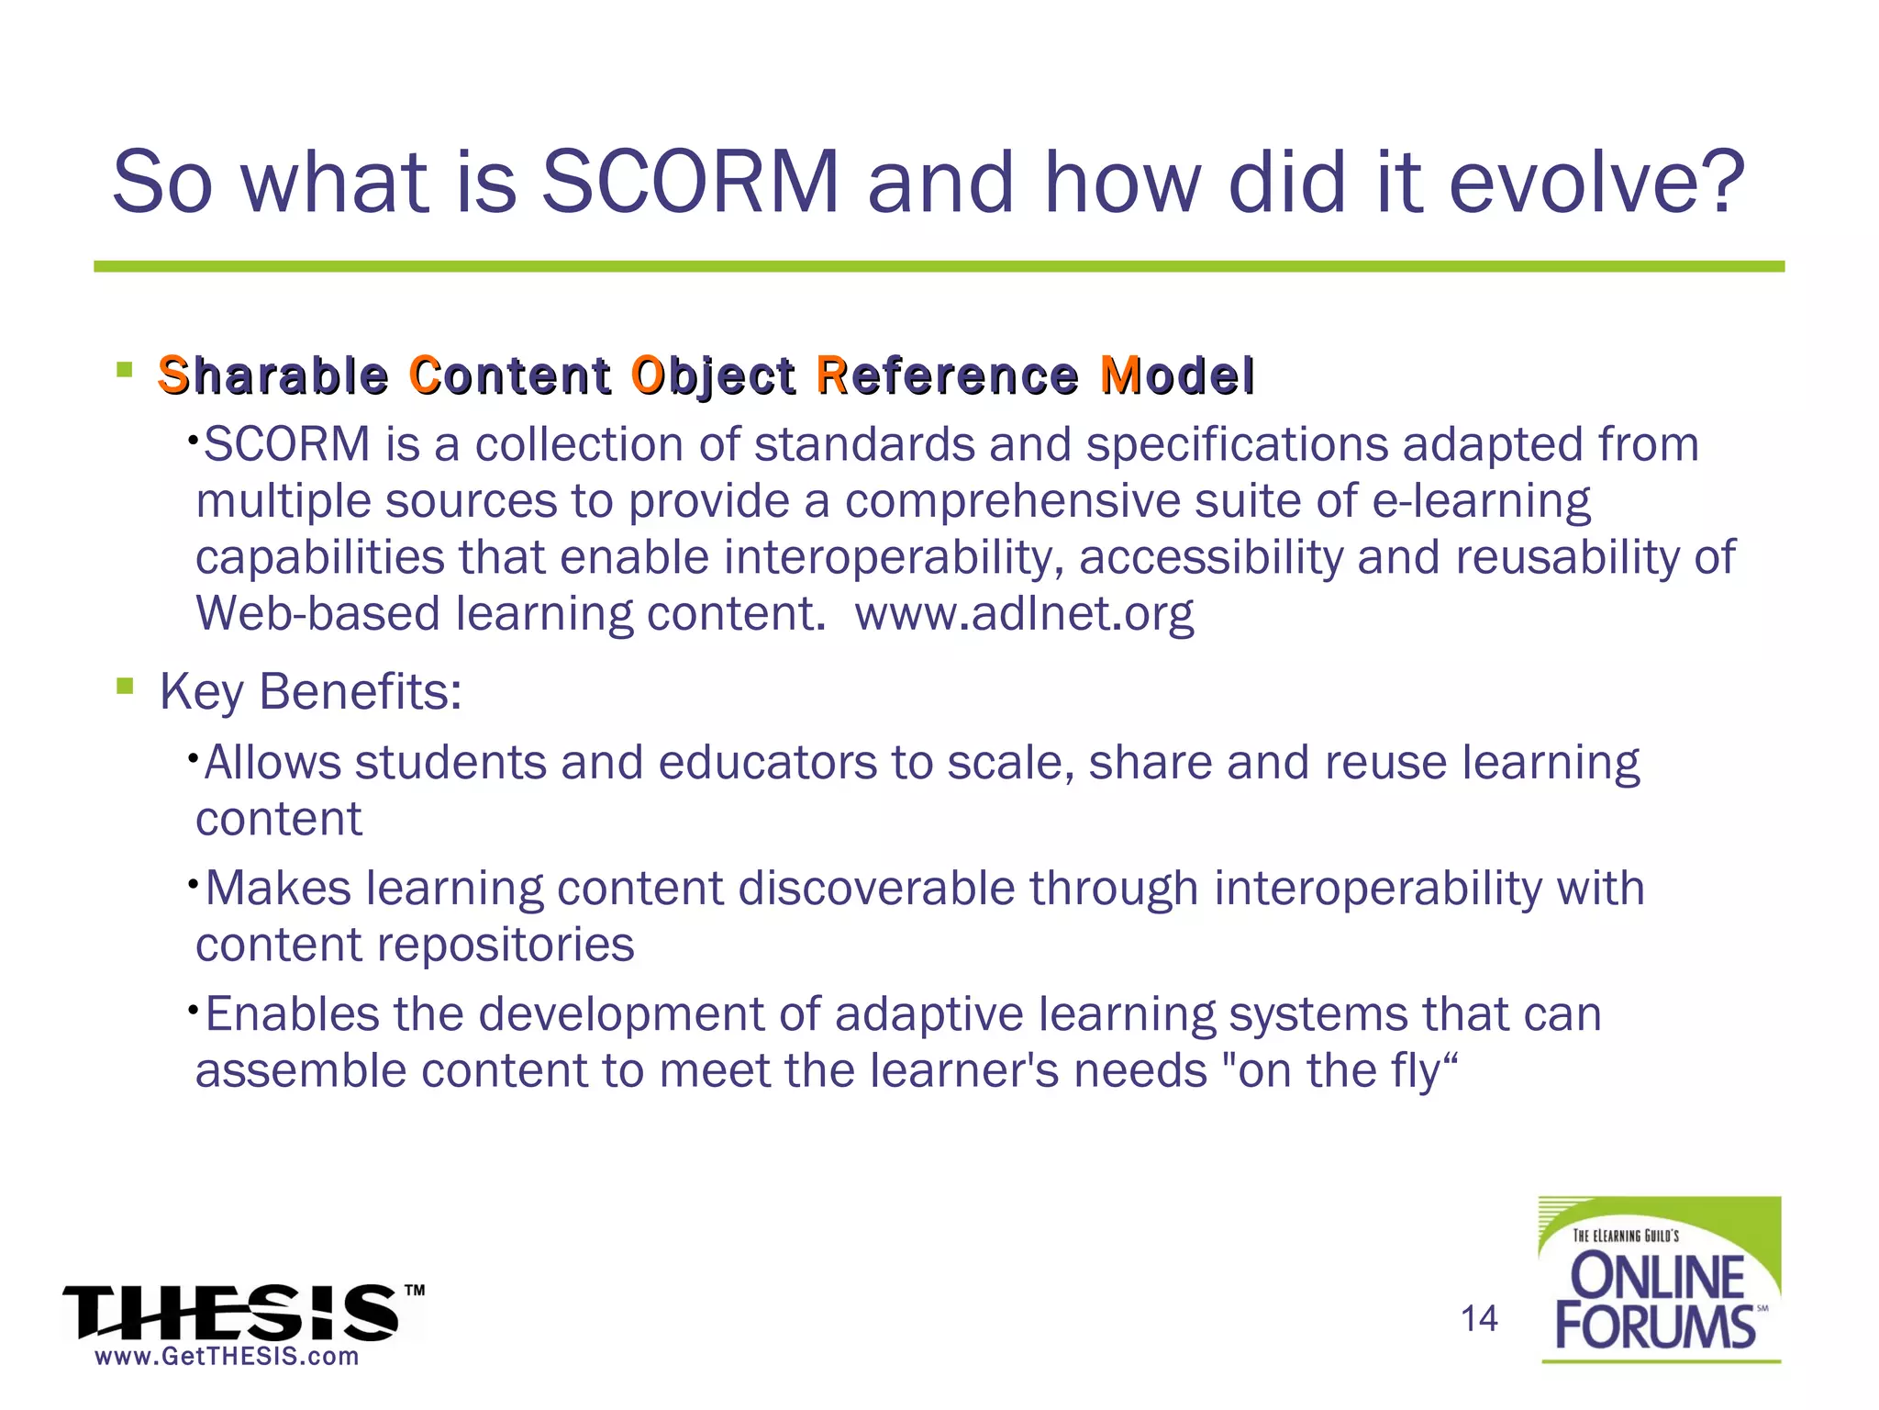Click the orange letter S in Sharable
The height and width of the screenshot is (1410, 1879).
tap(172, 375)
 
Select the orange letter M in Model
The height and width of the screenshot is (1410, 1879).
tap(1119, 375)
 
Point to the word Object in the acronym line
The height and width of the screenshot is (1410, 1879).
tap(714, 377)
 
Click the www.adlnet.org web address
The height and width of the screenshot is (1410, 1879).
tap(1024, 613)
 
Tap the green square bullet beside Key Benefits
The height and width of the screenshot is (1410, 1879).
tap(126, 686)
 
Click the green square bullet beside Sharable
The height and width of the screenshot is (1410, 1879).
tap(126, 370)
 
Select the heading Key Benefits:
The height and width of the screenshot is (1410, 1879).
tap(310, 691)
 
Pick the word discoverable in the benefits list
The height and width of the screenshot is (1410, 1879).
tap(876, 888)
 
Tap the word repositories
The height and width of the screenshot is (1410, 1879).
tap(506, 945)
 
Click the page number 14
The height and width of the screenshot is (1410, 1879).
tap(1479, 1319)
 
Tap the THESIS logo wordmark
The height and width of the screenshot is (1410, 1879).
tap(231, 1313)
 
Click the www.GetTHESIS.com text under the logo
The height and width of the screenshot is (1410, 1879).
tap(227, 1357)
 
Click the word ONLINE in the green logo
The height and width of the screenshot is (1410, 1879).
tap(1659, 1277)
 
